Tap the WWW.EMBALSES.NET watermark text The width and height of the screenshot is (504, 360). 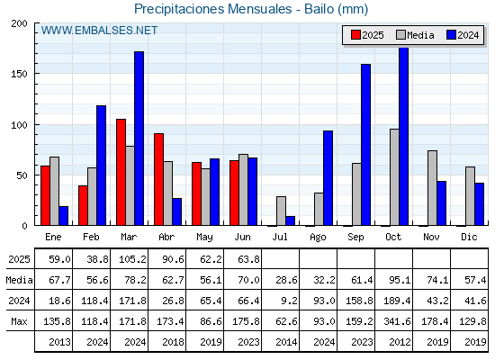[x=99, y=31]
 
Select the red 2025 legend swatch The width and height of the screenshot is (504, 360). [x=355, y=35]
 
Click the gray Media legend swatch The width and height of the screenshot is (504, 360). [x=401, y=35]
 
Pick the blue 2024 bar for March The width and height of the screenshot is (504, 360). [x=139, y=139]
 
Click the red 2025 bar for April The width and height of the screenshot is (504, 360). [x=158, y=179]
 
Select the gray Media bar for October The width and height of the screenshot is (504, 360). [x=395, y=177]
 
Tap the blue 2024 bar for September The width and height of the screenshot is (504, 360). [x=365, y=145]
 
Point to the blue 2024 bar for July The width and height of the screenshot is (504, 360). [x=290, y=220]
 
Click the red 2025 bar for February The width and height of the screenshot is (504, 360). [x=83, y=205]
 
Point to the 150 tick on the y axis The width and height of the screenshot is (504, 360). [x=19, y=74]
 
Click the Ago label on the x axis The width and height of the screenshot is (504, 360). [x=318, y=238]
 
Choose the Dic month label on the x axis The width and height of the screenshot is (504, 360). [x=469, y=237]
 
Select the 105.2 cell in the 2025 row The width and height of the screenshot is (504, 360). [x=132, y=259]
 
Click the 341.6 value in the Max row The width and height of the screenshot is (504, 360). [x=397, y=321]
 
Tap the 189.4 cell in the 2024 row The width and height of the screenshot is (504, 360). [x=397, y=301]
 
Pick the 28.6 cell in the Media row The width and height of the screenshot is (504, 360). [x=287, y=280]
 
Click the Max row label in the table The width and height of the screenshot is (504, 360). [x=19, y=321]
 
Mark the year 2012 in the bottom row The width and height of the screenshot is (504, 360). [x=400, y=342]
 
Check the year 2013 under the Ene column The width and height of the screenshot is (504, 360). [x=59, y=342]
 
